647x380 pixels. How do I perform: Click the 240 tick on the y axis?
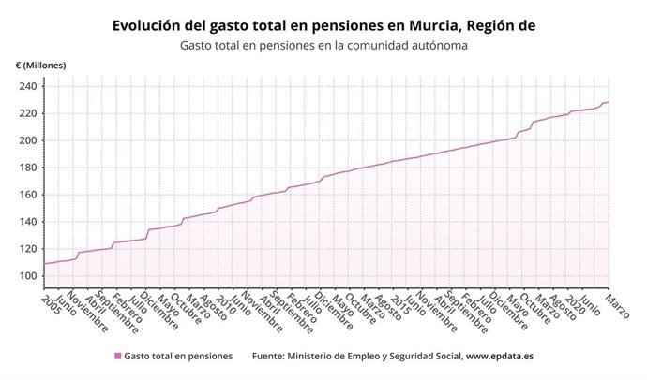coord(27,86)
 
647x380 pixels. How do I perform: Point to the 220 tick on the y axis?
coord(27,113)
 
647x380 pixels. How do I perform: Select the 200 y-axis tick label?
coord(27,140)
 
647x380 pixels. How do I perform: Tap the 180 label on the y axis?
coord(27,168)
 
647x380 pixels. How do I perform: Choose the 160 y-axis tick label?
coord(27,195)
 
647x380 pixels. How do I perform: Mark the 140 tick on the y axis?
coord(27,222)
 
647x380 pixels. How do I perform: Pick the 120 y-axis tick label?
coord(27,249)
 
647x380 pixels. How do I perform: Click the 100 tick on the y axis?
coord(27,276)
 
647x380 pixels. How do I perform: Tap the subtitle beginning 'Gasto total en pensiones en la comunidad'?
coord(323,45)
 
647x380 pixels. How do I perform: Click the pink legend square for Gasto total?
coord(117,356)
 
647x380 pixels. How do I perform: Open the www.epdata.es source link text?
coord(500,356)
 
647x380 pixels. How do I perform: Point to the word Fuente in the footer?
coord(274,356)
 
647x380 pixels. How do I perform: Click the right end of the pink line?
coord(609,102)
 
